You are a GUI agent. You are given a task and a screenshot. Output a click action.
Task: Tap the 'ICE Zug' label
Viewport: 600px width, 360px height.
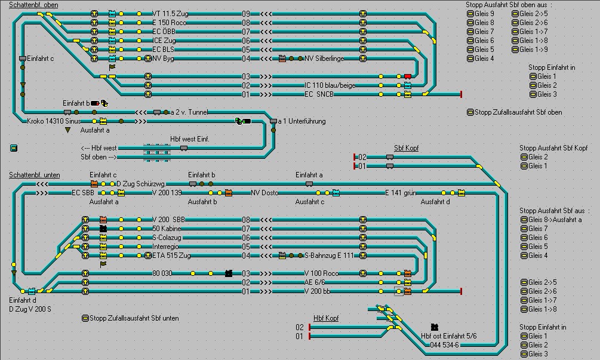point(165,40)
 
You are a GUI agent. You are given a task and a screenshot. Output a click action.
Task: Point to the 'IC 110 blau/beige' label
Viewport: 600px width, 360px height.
point(330,85)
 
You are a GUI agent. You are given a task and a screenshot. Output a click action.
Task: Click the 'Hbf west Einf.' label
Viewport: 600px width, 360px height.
point(189,139)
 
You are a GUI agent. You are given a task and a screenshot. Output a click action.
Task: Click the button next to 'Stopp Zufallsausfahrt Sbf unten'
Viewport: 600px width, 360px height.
point(85,318)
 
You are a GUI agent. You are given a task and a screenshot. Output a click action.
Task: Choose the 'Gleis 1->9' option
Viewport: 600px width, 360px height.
point(515,50)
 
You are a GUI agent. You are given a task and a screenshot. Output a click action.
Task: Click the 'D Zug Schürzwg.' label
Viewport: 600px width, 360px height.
point(140,184)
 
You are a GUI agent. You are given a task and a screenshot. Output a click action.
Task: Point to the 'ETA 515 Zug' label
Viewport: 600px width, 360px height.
point(171,256)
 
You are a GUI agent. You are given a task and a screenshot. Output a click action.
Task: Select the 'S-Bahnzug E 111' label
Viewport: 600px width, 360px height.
point(329,256)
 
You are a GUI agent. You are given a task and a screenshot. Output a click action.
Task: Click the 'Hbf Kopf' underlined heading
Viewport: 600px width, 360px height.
point(326,318)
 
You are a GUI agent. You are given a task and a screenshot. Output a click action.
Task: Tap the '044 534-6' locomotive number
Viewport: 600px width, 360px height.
point(444,345)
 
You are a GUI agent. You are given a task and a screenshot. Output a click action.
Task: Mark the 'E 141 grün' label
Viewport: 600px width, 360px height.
point(400,193)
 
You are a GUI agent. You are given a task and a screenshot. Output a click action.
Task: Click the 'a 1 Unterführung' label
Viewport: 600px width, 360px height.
point(302,121)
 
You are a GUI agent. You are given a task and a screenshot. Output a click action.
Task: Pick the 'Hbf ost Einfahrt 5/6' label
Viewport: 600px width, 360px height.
point(448,336)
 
